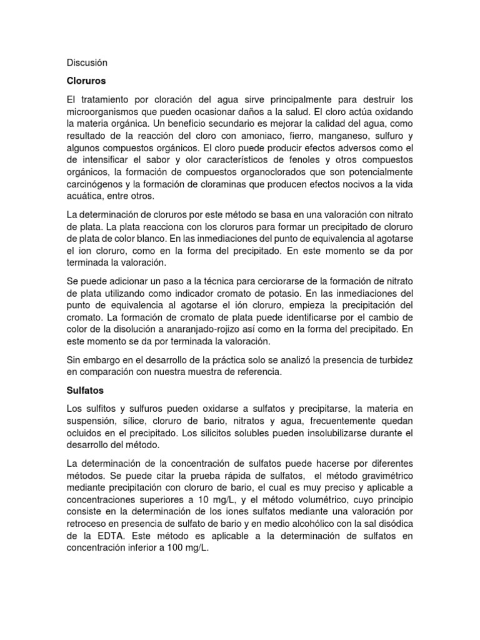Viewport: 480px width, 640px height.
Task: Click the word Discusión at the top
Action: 87,63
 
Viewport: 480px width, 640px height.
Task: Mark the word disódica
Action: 393,521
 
